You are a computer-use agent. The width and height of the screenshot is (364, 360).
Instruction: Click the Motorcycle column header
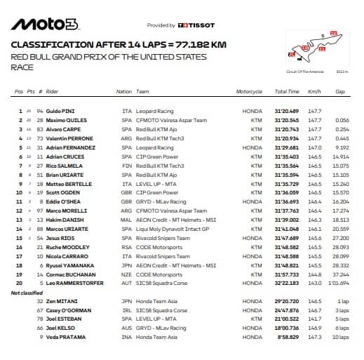[x=249, y=92]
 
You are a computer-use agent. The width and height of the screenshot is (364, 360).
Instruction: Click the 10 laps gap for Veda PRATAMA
[x=341, y=336]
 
